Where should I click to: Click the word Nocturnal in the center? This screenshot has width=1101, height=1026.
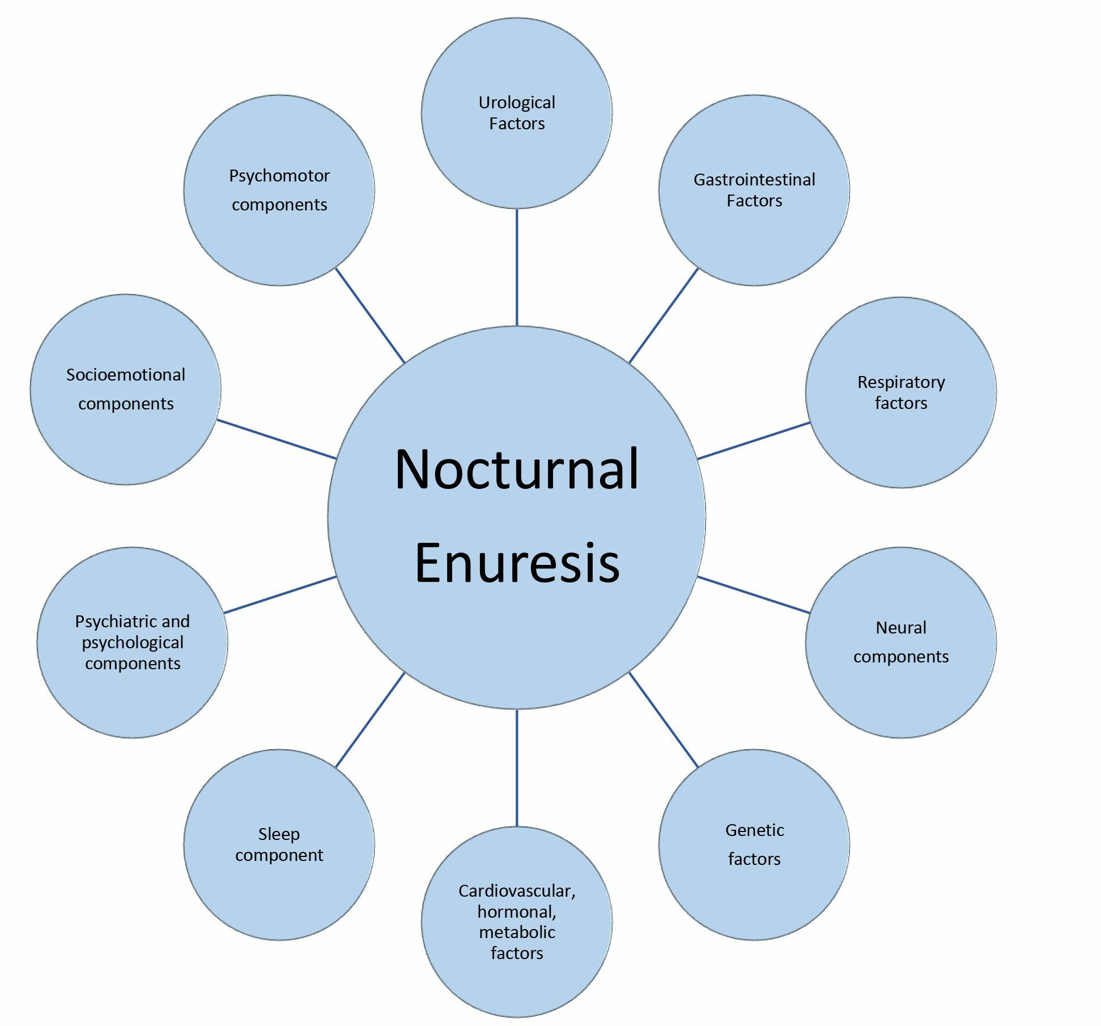click(517, 469)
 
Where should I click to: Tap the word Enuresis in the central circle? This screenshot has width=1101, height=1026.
click(517, 563)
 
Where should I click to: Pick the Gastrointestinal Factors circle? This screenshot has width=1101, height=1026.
click(754, 238)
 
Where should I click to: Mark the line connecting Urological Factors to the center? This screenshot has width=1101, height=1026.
click(517, 267)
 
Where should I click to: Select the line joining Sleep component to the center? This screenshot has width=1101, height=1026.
click(370, 720)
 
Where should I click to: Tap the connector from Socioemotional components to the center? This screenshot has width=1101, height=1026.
click(277, 439)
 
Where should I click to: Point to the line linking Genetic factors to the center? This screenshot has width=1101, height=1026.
click(664, 720)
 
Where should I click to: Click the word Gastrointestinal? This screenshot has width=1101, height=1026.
click(754, 180)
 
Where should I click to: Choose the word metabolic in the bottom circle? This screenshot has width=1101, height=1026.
click(517, 932)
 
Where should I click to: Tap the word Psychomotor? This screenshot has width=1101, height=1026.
click(279, 176)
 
